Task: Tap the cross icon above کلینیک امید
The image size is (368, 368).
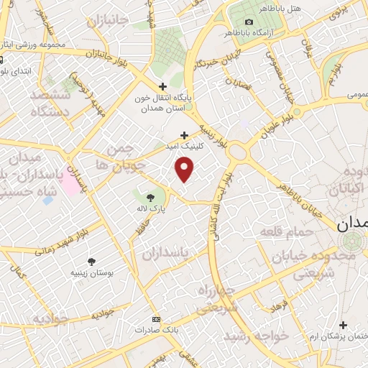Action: (x=185, y=134)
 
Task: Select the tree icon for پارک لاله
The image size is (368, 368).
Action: (x=150, y=197)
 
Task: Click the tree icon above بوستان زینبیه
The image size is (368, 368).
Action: (x=91, y=262)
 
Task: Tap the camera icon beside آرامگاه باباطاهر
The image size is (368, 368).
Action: (x=249, y=22)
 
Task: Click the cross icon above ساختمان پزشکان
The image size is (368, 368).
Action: (x=344, y=326)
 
